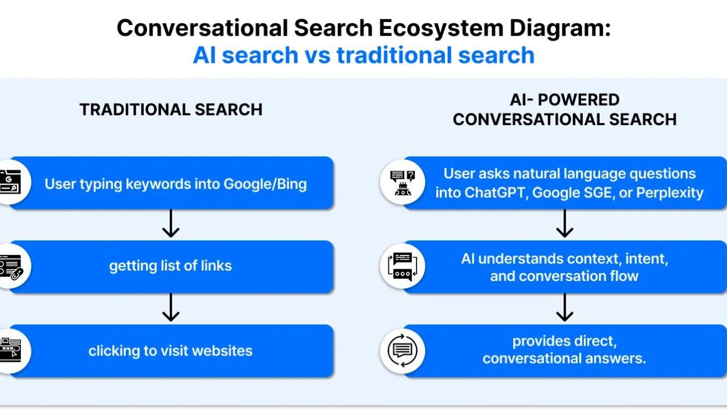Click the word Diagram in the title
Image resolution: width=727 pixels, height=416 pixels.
[560, 29]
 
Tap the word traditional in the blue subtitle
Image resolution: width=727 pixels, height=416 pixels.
[394, 55]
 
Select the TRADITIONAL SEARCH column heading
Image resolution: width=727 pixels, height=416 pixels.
[171, 109]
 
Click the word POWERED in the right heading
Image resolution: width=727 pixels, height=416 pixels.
[579, 99]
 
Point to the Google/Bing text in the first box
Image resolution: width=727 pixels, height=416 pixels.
[265, 184]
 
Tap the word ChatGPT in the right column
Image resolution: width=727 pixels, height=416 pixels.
[495, 193]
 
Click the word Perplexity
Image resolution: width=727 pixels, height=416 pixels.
[670, 193]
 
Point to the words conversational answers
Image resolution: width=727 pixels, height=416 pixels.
[564, 358]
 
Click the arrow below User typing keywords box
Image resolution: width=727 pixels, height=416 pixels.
[171, 223]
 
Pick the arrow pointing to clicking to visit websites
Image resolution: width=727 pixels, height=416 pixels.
[171, 308]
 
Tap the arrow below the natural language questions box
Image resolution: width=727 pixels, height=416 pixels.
[565, 223]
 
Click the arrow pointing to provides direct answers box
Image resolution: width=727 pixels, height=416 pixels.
[565, 308]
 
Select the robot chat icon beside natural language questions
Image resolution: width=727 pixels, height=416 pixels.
[402, 183]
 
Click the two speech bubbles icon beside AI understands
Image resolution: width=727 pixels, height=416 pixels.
[402, 266]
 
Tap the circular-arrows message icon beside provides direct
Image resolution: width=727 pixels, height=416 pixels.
[402, 350]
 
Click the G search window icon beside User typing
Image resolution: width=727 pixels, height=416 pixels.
[10, 182]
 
